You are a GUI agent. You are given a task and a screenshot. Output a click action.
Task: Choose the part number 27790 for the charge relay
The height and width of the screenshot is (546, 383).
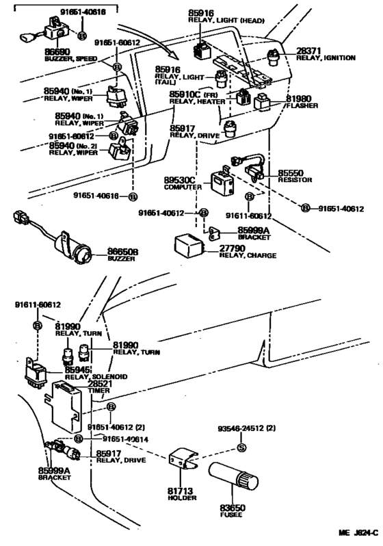pyautogui.click(x=235, y=250)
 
